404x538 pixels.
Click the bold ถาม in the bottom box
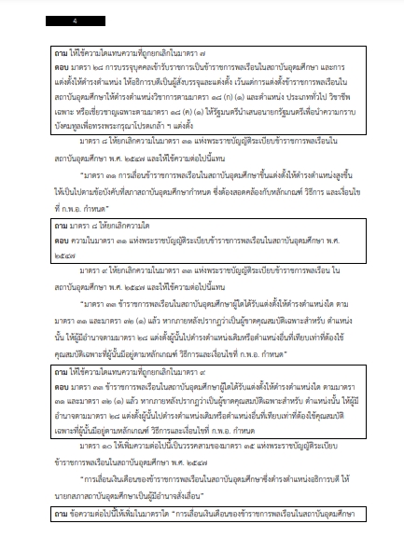point(62,514)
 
